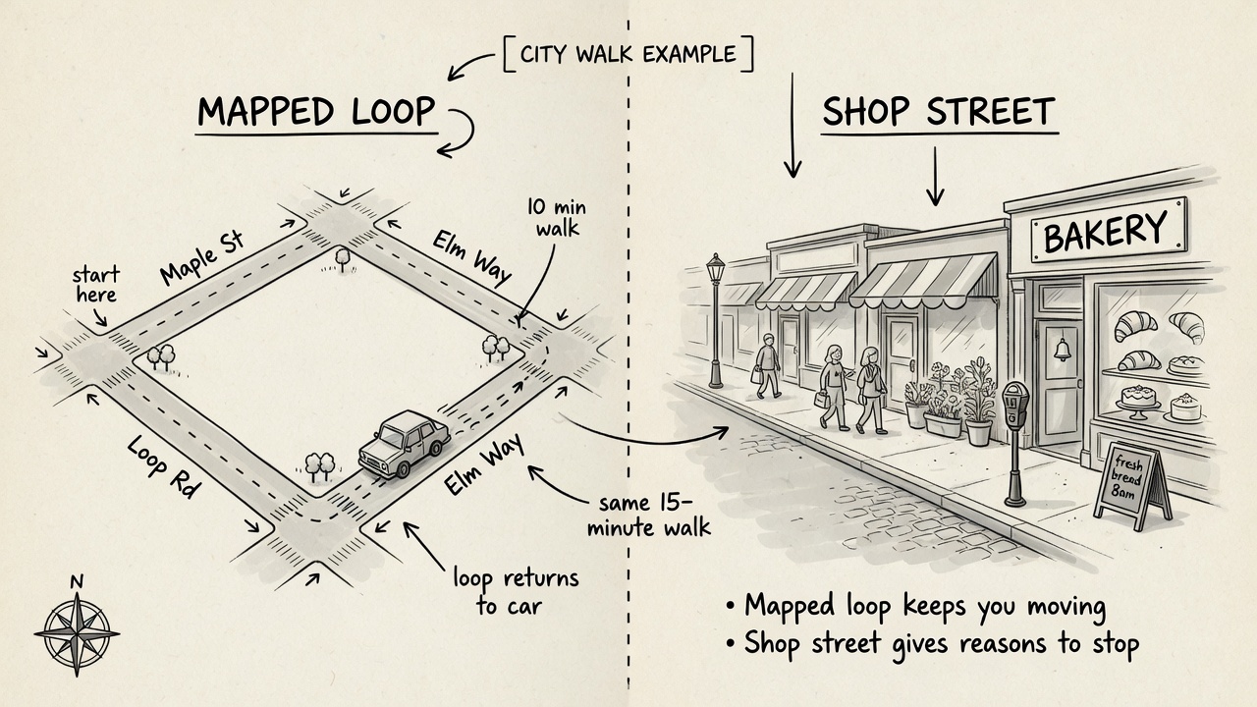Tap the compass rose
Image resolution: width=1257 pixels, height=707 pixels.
77,634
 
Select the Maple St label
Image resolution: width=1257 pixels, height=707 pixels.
202,257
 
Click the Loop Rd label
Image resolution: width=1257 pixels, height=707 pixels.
163,466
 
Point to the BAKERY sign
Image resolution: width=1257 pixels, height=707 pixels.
1109,230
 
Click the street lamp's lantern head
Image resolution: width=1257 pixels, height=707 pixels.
716,269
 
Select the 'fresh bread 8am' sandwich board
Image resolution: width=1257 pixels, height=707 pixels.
1132,485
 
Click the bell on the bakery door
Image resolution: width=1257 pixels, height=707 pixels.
1062,350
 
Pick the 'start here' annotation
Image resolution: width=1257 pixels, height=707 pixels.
96,285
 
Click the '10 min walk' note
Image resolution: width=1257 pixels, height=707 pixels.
556,218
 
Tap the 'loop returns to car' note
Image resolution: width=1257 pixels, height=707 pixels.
516,592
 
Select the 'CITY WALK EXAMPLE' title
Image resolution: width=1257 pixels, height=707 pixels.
628,54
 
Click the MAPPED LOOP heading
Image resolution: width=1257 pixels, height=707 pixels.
316,111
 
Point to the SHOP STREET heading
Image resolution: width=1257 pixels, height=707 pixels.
939,111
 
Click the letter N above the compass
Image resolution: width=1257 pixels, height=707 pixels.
77,582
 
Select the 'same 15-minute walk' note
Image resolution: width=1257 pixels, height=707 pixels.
649,516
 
